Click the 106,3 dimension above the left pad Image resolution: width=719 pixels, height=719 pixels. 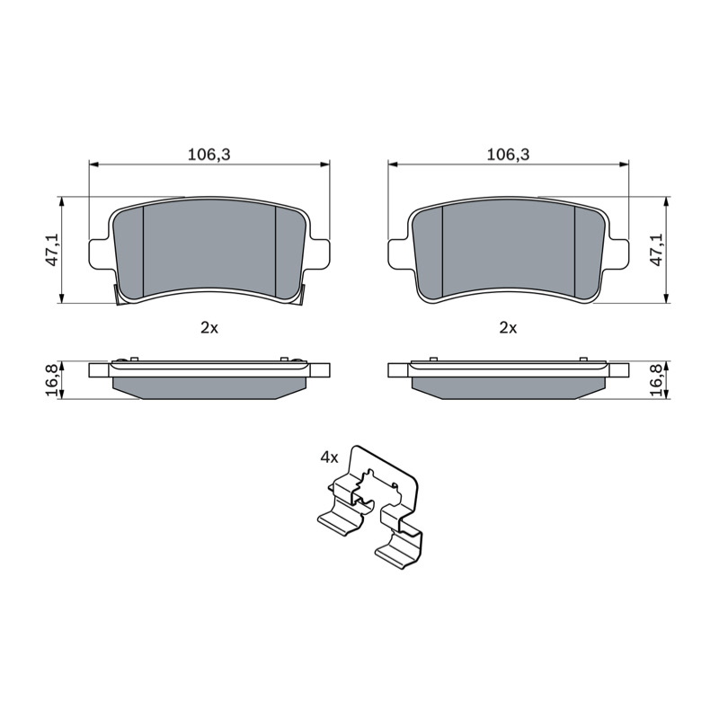click(x=209, y=155)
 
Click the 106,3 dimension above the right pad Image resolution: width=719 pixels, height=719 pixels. click(x=508, y=155)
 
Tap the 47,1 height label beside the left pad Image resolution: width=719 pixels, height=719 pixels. click(x=54, y=250)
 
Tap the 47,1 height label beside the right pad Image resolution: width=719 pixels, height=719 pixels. click(x=657, y=250)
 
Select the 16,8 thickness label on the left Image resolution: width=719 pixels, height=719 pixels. click(x=54, y=380)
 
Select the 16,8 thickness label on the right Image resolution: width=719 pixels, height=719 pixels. click(x=657, y=380)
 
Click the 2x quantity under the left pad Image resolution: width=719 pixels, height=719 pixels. click(x=209, y=328)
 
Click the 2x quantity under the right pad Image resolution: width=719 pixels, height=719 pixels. click(x=508, y=328)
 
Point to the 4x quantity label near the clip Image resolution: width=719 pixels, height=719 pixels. click(x=329, y=457)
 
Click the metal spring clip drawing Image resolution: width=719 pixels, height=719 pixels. click(x=369, y=507)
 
